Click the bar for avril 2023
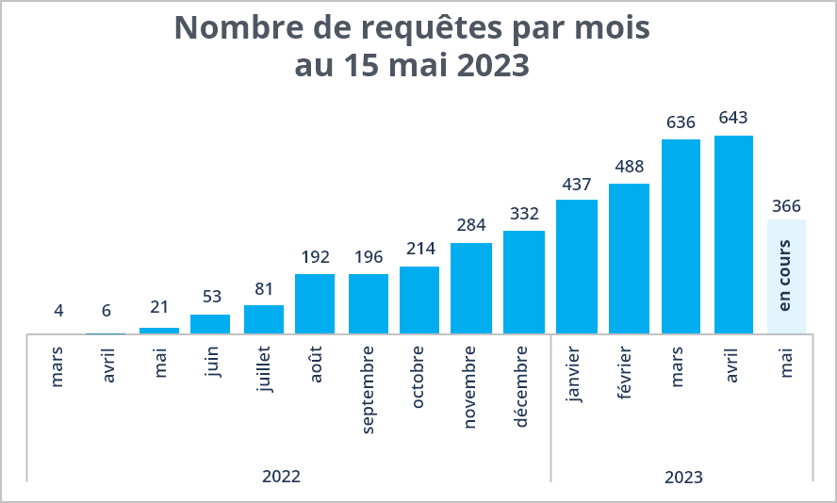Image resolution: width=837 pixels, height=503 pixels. point(733,235)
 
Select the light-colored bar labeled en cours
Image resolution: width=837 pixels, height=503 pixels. point(786,276)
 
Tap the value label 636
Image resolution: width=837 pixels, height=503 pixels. point(681,122)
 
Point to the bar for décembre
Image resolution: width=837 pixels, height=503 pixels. point(524,282)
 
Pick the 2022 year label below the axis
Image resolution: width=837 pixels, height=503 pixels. point(281,477)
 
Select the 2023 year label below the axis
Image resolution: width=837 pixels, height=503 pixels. point(683,478)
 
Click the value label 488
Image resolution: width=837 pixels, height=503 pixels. point(629,167)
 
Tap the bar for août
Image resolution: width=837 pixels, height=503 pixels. point(315,303)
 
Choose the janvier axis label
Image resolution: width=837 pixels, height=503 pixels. point(575,374)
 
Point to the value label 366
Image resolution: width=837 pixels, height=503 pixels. point(786,205)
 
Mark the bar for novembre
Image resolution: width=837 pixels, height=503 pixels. point(471,288)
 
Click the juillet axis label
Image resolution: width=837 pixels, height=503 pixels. point(264,370)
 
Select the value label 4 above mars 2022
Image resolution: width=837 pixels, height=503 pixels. point(58,311)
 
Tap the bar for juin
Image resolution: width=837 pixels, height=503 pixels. point(210,324)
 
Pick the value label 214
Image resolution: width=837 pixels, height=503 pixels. point(419,250)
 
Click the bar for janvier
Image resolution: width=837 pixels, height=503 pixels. point(576,267)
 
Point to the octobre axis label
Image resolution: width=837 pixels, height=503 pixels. point(418,377)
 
